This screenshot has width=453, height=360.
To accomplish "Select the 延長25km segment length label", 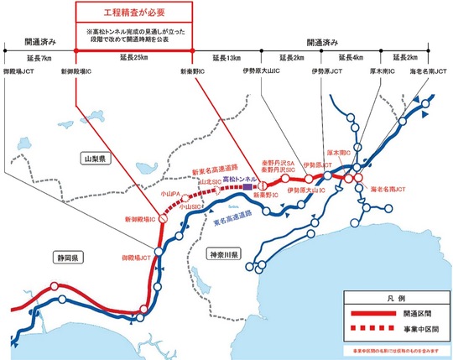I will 125,57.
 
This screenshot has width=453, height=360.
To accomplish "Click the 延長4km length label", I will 351,57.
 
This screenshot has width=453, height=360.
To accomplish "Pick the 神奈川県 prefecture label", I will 224,253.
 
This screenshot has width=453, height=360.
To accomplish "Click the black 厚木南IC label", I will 383,72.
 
